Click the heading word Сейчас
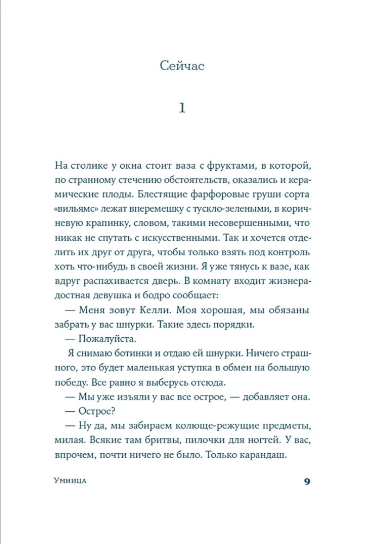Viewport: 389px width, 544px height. (182, 66)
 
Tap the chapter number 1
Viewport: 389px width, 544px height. (182, 108)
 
